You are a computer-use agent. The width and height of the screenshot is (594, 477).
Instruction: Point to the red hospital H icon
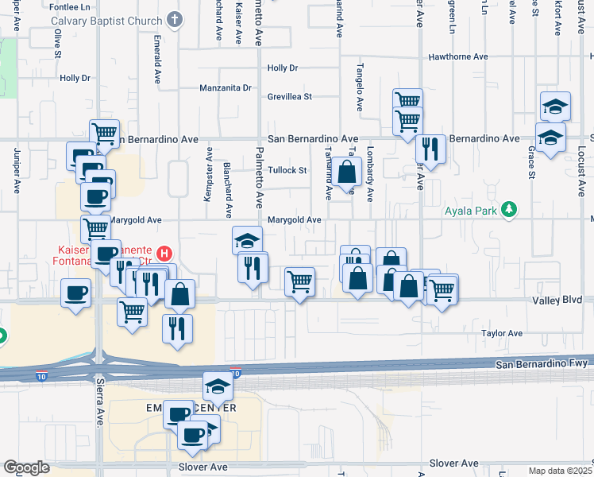click(x=164, y=254)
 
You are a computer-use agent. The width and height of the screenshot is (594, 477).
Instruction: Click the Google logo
click(x=26, y=467)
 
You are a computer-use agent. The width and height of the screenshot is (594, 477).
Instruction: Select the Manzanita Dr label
click(x=225, y=87)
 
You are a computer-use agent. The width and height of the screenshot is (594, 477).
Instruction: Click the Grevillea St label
click(x=289, y=96)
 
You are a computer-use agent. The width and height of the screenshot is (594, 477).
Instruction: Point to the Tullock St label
click(x=287, y=170)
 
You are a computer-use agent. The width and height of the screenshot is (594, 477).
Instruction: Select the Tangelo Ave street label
click(x=359, y=87)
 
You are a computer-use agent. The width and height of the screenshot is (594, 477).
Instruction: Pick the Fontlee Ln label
click(x=66, y=7)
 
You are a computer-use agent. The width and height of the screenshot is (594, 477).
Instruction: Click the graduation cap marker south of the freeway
click(x=218, y=387)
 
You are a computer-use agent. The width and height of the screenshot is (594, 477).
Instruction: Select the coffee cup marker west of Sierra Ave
click(x=76, y=293)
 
